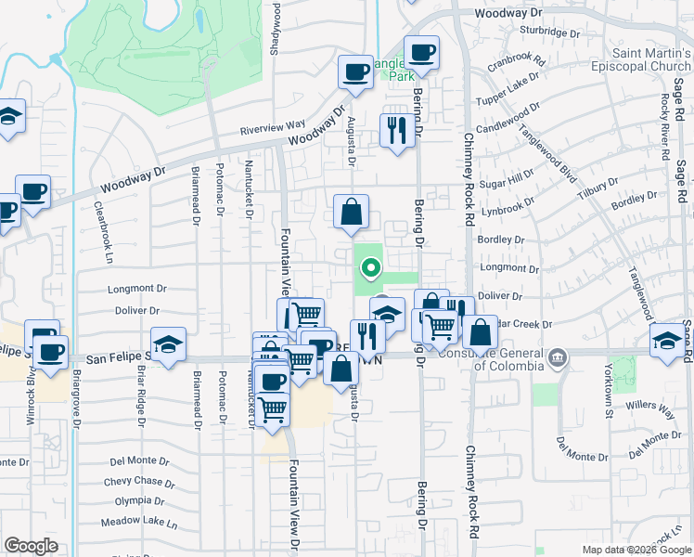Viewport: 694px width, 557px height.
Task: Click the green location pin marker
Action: (370, 269)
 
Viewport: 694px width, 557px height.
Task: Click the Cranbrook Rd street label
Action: (516, 66)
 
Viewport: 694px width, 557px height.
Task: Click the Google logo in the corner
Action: (31, 546)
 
